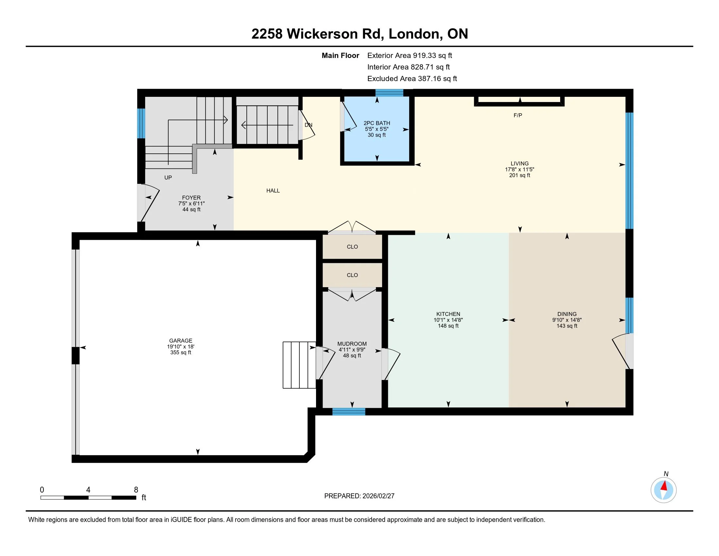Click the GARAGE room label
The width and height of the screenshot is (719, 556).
pyautogui.click(x=180, y=340)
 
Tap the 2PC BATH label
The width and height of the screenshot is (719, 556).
pyautogui.click(x=376, y=123)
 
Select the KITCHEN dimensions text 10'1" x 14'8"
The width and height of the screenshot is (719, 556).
pyautogui.click(x=448, y=320)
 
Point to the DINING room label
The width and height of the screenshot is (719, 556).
pyautogui.click(x=567, y=314)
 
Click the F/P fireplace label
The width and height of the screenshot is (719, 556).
pyautogui.click(x=518, y=115)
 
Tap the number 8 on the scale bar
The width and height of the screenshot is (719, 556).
pyautogui.click(x=136, y=490)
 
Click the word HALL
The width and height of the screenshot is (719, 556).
pyautogui.click(x=273, y=190)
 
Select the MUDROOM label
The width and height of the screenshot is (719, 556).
pyautogui.click(x=352, y=343)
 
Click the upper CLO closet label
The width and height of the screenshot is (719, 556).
pyautogui.click(x=352, y=247)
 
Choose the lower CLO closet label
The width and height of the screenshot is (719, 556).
pyautogui.click(x=352, y=275)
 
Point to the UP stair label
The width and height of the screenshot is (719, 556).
pyautogui.click(x=168, y=178)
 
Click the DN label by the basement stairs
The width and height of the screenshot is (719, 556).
pyautogui.click(x=309, y=125)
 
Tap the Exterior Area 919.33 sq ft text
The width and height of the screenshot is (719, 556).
pyautogui.click(x=410, y=55)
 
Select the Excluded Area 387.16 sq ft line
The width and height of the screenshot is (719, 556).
pyautogui.click(x=412, y=78)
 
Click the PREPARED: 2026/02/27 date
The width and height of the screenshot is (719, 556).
pyautogui.click(x=359, y=496)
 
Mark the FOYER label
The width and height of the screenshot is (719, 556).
pyautogui.click(x=191, y=198)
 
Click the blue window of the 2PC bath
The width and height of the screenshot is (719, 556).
pyautogui.click(x=390, y=93)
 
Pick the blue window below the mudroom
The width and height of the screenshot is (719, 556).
pyautogui.click(x=349, y=411)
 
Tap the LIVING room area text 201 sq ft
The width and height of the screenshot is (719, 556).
pyautogui.click(x=520, y=175)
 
